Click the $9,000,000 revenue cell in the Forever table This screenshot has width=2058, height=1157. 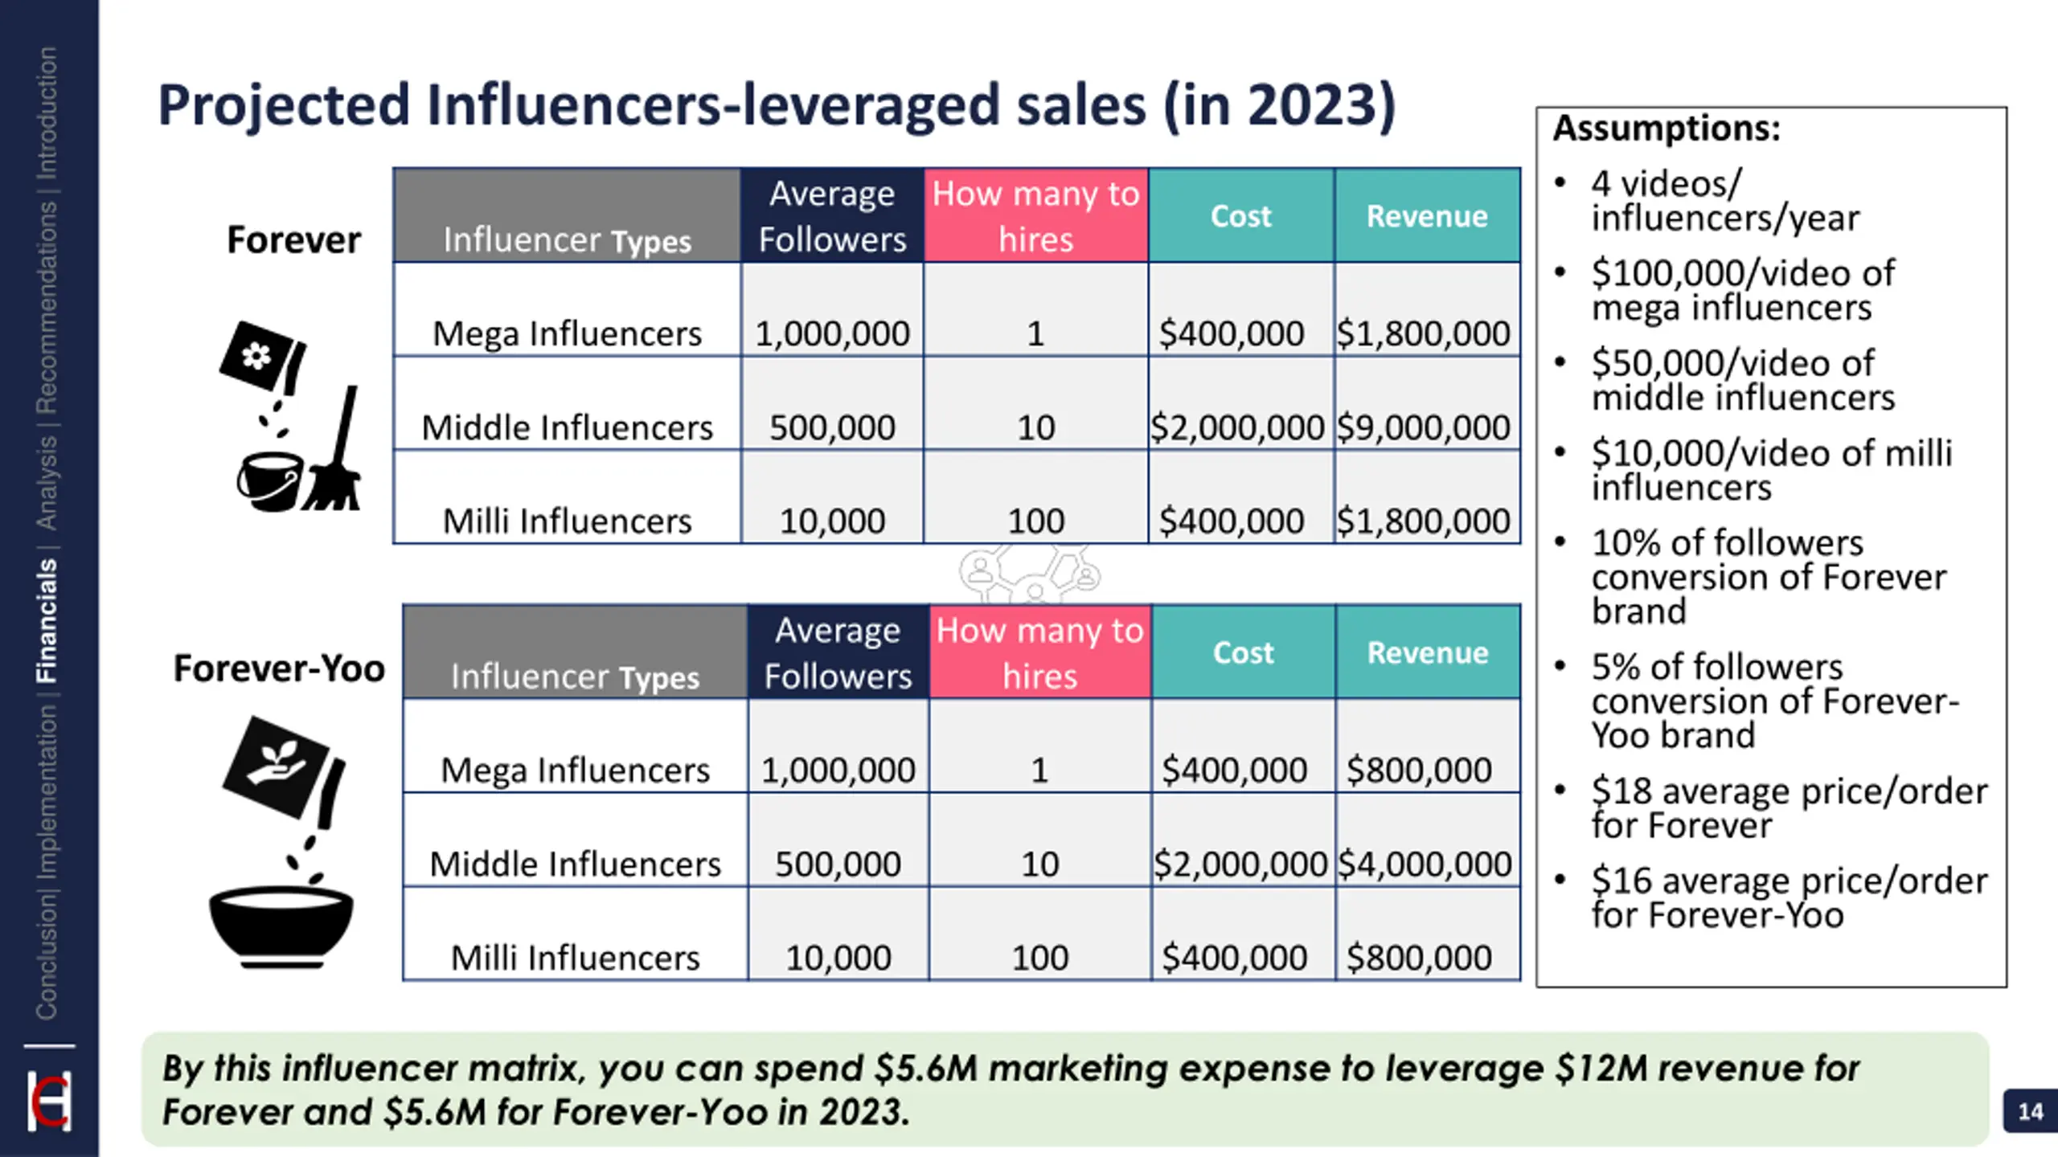pyautogui.click(x=1423, y=427)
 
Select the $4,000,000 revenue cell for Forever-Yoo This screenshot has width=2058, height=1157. pyautogui.click(x=1425, y=864)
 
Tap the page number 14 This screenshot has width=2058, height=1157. pyautogui.click(x=2030, y=1111)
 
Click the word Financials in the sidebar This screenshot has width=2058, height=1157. pyautogui.click(x=47, y=620)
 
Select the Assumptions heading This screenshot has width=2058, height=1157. pyautogui.click(x=1666, y=129)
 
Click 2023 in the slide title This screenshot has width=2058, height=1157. pyautogui.click(x=1311, y=105)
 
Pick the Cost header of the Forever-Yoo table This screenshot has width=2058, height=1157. pyautogui.click(x=1243, y=652)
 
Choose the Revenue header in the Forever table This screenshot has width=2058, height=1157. pyautogui.click(x=1427, y=215)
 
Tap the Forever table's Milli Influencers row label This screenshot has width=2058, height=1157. pyautogui.click(x=567, y=521)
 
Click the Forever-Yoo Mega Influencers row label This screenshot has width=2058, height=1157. pyautogui.click(x=575, y=770)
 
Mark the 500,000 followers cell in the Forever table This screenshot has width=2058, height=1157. pyautogui.click(x=832, y=427)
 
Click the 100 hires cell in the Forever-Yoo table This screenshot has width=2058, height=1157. pyautogui.click(x=1039, y=957)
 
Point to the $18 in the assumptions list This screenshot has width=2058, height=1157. pyautogui.click(x=1619, y=791)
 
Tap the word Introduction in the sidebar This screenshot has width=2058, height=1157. pyautogui.click(x=47, y=112)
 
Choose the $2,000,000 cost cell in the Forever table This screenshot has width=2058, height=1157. pyautogui.click(x=1236, y=427)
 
